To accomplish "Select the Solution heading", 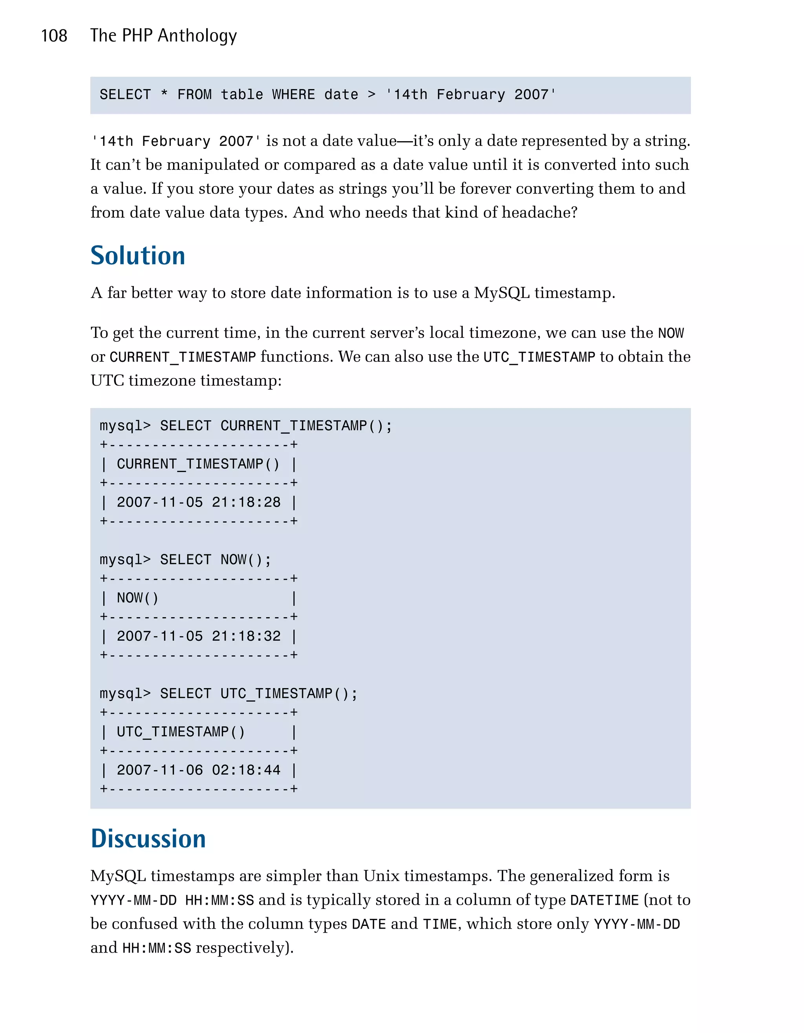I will tap(138, 256).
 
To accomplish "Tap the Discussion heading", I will tap(148, 839).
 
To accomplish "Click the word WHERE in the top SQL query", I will tap(293, 95).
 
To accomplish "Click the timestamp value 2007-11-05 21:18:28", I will tap(198, 502).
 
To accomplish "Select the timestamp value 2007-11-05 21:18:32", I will tap(198, 636).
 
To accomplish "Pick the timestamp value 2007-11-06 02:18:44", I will tap(198, 770).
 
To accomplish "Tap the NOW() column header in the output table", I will tap(137, 598).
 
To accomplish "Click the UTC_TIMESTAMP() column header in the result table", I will tap(181, 732).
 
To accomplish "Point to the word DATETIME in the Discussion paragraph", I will tap(604, 900).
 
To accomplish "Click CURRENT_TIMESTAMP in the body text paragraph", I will tap(183, 357).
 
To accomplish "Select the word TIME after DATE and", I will tap(440, 924).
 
